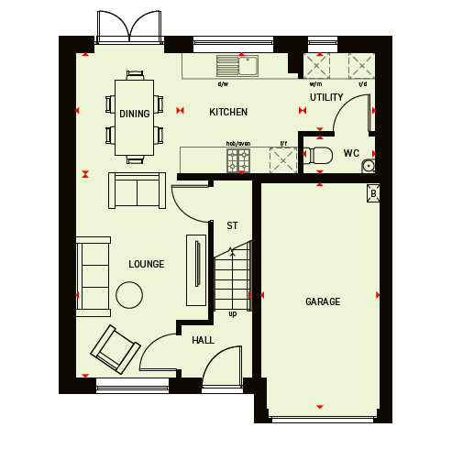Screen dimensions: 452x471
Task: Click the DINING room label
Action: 135,114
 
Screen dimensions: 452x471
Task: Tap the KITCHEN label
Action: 228,112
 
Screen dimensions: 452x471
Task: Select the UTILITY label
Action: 326,97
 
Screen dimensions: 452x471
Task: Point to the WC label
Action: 351,153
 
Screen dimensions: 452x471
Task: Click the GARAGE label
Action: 323,301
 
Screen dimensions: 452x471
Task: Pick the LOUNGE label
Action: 147,264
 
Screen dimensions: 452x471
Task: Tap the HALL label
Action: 203,340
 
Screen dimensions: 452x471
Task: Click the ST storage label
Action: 232,225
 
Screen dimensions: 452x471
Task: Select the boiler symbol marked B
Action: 373,193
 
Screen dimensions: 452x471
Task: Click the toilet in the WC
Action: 318,156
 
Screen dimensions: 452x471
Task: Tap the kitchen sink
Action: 237,66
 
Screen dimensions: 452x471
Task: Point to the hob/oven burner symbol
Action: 238,160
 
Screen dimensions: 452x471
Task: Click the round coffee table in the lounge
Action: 129,295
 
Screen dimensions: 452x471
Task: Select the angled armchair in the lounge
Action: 116,349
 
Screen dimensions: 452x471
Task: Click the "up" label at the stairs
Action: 233,314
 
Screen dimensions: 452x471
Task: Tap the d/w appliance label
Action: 223,84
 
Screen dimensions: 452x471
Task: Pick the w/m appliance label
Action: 315,84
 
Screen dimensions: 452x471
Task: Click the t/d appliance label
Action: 363,84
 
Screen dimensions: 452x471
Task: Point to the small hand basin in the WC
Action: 369,166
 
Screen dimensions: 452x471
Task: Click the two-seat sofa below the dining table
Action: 138,191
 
